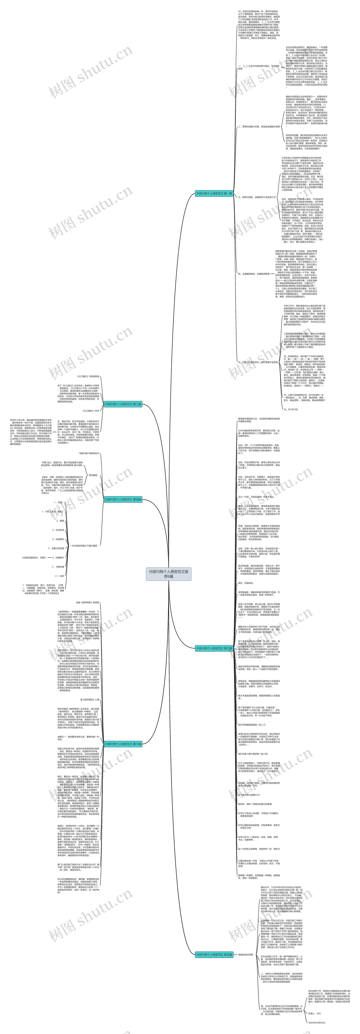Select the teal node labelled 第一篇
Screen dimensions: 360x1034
[214, 193]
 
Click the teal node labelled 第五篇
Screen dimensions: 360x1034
[214, 955]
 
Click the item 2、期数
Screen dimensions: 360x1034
[60, 521]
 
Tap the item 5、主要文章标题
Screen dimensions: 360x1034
[56, 548]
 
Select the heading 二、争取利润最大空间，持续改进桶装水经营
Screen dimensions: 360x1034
[259, 126]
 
